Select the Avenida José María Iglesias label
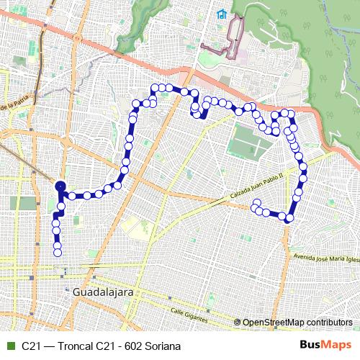[x=324, y=258]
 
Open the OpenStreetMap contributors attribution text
[x=297, y=322]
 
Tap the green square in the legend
[x=9, y=346]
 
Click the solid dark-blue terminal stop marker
[x=60, y=186]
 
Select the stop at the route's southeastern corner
[x=290, y=217]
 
